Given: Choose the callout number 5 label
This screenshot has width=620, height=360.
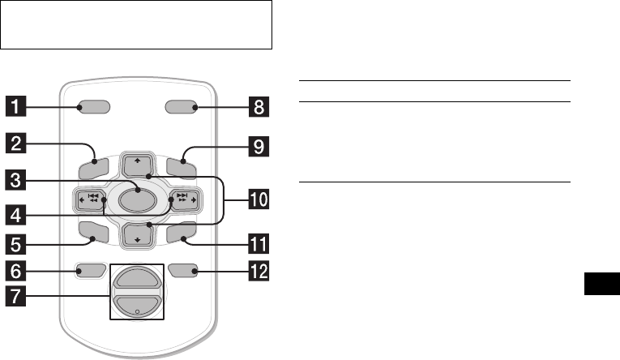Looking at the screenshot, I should pos(20,242).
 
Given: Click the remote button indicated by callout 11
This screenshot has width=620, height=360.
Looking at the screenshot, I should pos(177,235).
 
